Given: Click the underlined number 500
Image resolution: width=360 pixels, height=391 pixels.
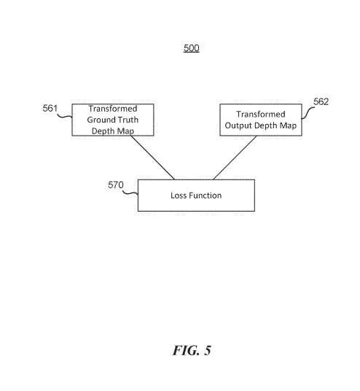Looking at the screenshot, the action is (192, 48).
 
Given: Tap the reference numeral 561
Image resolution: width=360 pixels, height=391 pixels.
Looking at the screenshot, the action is (50, 108).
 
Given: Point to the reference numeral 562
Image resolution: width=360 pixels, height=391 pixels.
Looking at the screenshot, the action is (321, 101).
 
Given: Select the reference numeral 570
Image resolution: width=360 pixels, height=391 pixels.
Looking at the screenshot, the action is (116, 185).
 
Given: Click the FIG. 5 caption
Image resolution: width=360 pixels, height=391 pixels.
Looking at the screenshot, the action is (192, 350).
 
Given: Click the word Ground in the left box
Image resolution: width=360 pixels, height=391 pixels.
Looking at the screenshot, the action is (100, 120).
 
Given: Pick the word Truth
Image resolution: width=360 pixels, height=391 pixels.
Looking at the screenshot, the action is (127, 120).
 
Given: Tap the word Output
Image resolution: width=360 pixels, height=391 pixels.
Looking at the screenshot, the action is (237, 125).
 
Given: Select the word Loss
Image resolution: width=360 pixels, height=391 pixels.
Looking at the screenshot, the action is (179, 195).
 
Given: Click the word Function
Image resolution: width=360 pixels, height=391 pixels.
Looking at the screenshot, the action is (205, 195).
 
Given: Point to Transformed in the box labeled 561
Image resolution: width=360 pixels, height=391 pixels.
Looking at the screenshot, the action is (113, 109).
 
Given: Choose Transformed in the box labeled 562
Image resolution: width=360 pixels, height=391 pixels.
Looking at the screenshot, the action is (261, 115).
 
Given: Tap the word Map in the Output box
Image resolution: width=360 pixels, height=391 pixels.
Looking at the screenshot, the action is (289, 125).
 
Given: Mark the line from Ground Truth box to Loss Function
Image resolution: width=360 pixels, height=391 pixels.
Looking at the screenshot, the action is (152, 158).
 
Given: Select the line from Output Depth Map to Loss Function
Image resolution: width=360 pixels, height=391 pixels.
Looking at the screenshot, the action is (235, 158).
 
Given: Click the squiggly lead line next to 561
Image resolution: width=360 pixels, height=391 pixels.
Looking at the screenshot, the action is (65, 116).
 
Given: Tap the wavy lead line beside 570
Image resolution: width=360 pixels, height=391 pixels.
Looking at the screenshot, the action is (130, 193).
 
